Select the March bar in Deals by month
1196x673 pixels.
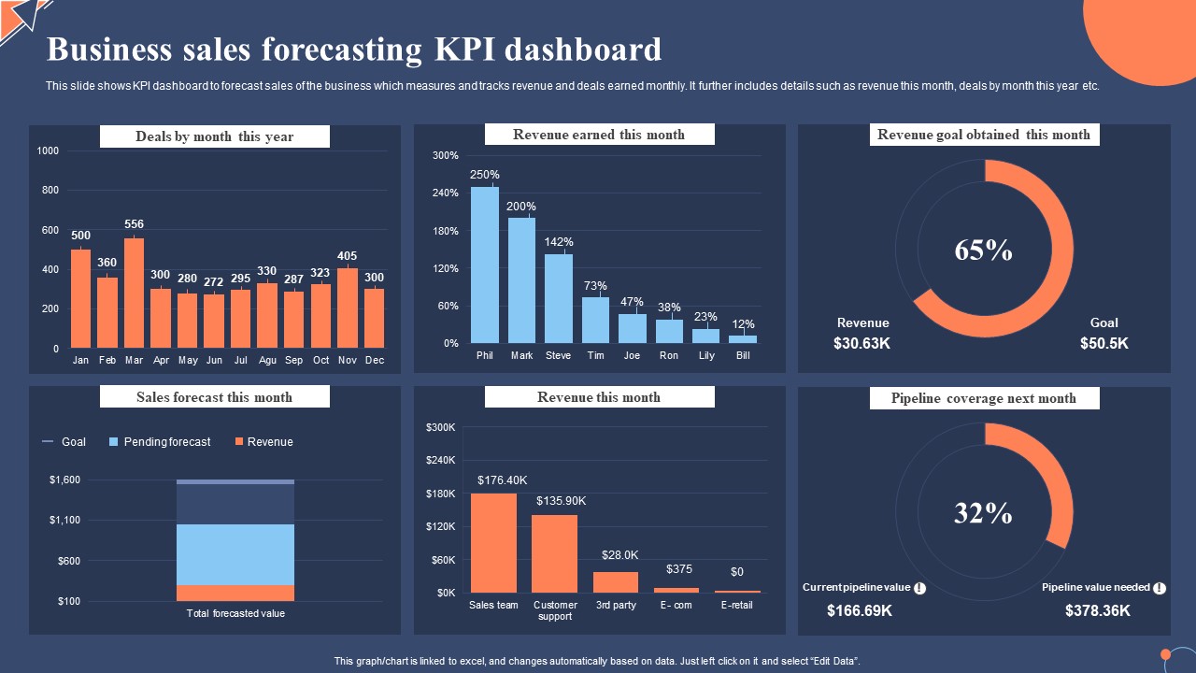pyautogui.click(x=135, y=293)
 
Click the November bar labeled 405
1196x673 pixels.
pyautogui.click(x=348, y=308)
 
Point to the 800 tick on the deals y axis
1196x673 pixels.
pyautogui.click(x=48, y=191)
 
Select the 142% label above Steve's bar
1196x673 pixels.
pyautogui.click(x=559, y=242)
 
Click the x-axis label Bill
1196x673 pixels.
pyautogui.click(x=743, y=356)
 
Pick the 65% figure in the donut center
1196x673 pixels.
pyautogui.click(x=983, y=251)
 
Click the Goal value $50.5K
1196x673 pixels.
pyautogui.click(x=1104, y=343)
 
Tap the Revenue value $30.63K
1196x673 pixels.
pyautogui.click(x=862, y=343)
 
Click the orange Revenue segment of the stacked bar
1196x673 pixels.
pyautogui.click(x=235, y=593)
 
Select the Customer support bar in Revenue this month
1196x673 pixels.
pyautogui.click(x=555, y=553)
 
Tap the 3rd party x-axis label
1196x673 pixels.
pyautogui.click(x=616, y=605)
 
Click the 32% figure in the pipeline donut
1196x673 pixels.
pyautogui.click(x=983, y=513)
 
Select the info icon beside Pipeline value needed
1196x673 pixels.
pyautogui.click(x=1160, y=588)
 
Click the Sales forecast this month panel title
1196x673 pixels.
pyautogui.click(x=214, y=397)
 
